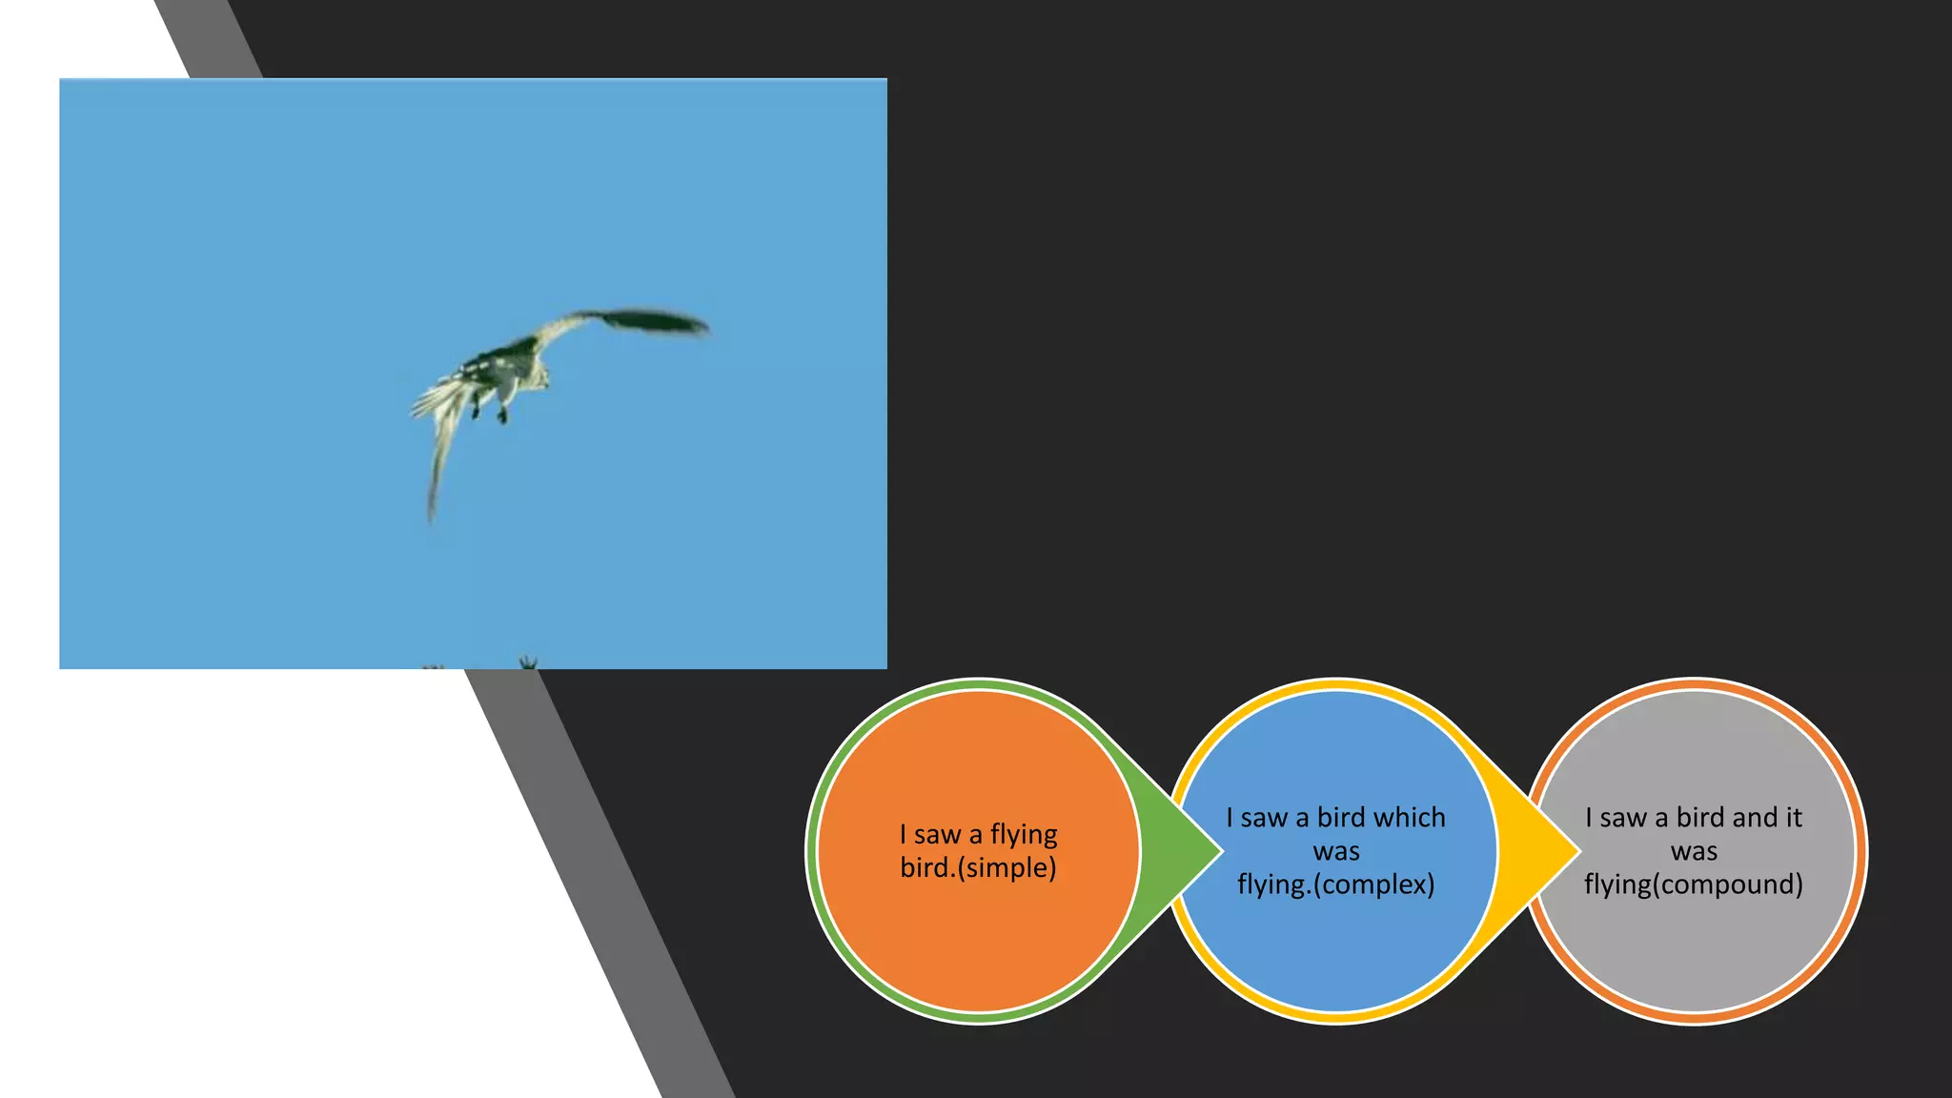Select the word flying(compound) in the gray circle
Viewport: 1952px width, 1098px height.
click(1694, 884)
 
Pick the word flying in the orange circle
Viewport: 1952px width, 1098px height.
click(1024, 835)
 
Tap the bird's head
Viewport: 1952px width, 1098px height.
click(539, 378)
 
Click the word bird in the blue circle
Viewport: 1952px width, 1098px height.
click(1342, 817)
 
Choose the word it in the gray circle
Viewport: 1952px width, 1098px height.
click(1793, 817)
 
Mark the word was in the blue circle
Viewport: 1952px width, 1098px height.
click(1336, 851)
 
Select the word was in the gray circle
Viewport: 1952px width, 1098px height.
click(1694, 851)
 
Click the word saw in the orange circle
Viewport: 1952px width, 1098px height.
click(938, 835)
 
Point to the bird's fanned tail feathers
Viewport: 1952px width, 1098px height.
click(438, 397)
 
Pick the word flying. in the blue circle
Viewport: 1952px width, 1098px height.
click(1273, 884)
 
